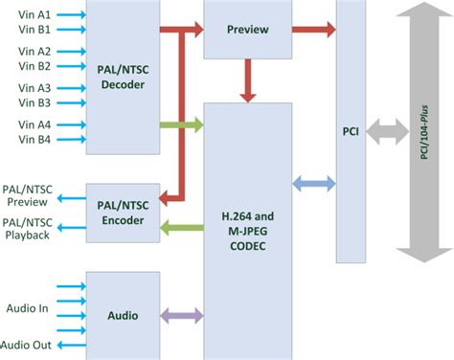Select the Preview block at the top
coord(247,29)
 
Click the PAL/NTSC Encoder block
coord(123,213)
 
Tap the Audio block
coord(123,315)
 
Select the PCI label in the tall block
coord(351,131)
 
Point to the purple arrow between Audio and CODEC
coord(182,315)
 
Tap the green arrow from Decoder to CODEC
coord(182,124)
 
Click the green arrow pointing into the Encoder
coord(182,227)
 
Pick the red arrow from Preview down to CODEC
coord(248,81)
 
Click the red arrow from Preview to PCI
coord(314,29)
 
